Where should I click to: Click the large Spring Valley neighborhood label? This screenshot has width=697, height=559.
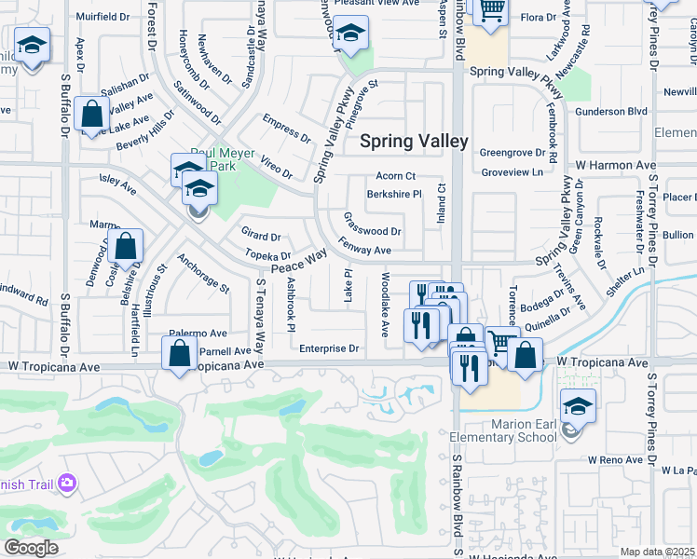[x=414, y=141]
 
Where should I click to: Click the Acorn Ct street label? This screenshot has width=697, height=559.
[x=395, y=176]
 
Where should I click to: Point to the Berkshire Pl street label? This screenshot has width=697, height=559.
[x=394, y=195]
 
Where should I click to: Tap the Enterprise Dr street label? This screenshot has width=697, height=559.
[x=329, y=348]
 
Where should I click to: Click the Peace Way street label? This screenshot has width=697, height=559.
[x=298, y=260]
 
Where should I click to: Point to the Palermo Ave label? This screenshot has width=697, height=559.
[x=198, y=333]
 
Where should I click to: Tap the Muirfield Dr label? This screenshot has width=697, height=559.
[x=102, y=17]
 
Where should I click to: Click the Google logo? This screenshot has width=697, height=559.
[x=32, y=547]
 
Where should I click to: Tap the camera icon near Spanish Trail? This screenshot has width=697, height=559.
[x=66, y=483]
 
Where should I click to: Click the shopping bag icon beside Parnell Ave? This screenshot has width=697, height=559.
[x=179, y=354]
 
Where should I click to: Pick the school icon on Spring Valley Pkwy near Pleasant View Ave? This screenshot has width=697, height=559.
[x=350, y=34]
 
